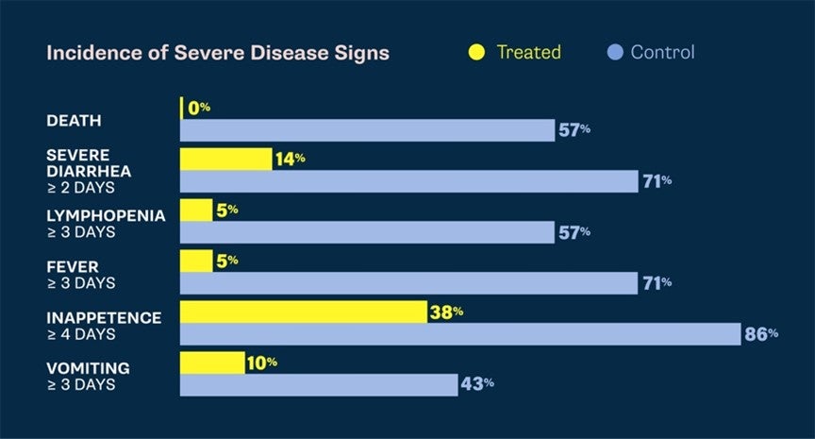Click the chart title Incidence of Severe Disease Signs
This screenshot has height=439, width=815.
pyautogui.click(x=217, y=53)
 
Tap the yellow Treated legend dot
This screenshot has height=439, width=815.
pyautogui.click(x=477, y=52)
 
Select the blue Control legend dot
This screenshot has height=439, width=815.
pyautogui.click(x=614, y=52)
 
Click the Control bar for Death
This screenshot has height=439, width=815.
pyautogui.click(x=367, y=130)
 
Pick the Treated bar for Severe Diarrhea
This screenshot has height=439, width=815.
pyautogui.click(x=225, y=159)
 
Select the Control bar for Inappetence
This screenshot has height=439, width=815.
pyautogui.click(x=460, y=333)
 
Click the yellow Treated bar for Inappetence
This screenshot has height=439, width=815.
pyautogui.click(x=303, y=312)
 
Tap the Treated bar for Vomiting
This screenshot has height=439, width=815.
pyautogui.click(x=212, y=363)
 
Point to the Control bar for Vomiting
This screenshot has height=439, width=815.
pyautogui.click(x=319, y=384)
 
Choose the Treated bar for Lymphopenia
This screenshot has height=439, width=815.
pyautogui.click(x=196, y=210)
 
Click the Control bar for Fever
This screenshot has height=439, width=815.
pyautogui.click(x=408, y=282)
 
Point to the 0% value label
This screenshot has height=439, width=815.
pyautogui.click(x=199, y=108)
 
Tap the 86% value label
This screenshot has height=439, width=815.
pyautogui.click(x=760, y=333)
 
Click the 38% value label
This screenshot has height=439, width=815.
pyautogui.click(x=446, y=312)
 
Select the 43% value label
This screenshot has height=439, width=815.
pyautogui.click(x=476, y=384)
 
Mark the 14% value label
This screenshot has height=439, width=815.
pyautogui.click(x=291, y=159)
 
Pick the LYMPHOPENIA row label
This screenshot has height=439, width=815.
pyautogui.click(x=106, y=215)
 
